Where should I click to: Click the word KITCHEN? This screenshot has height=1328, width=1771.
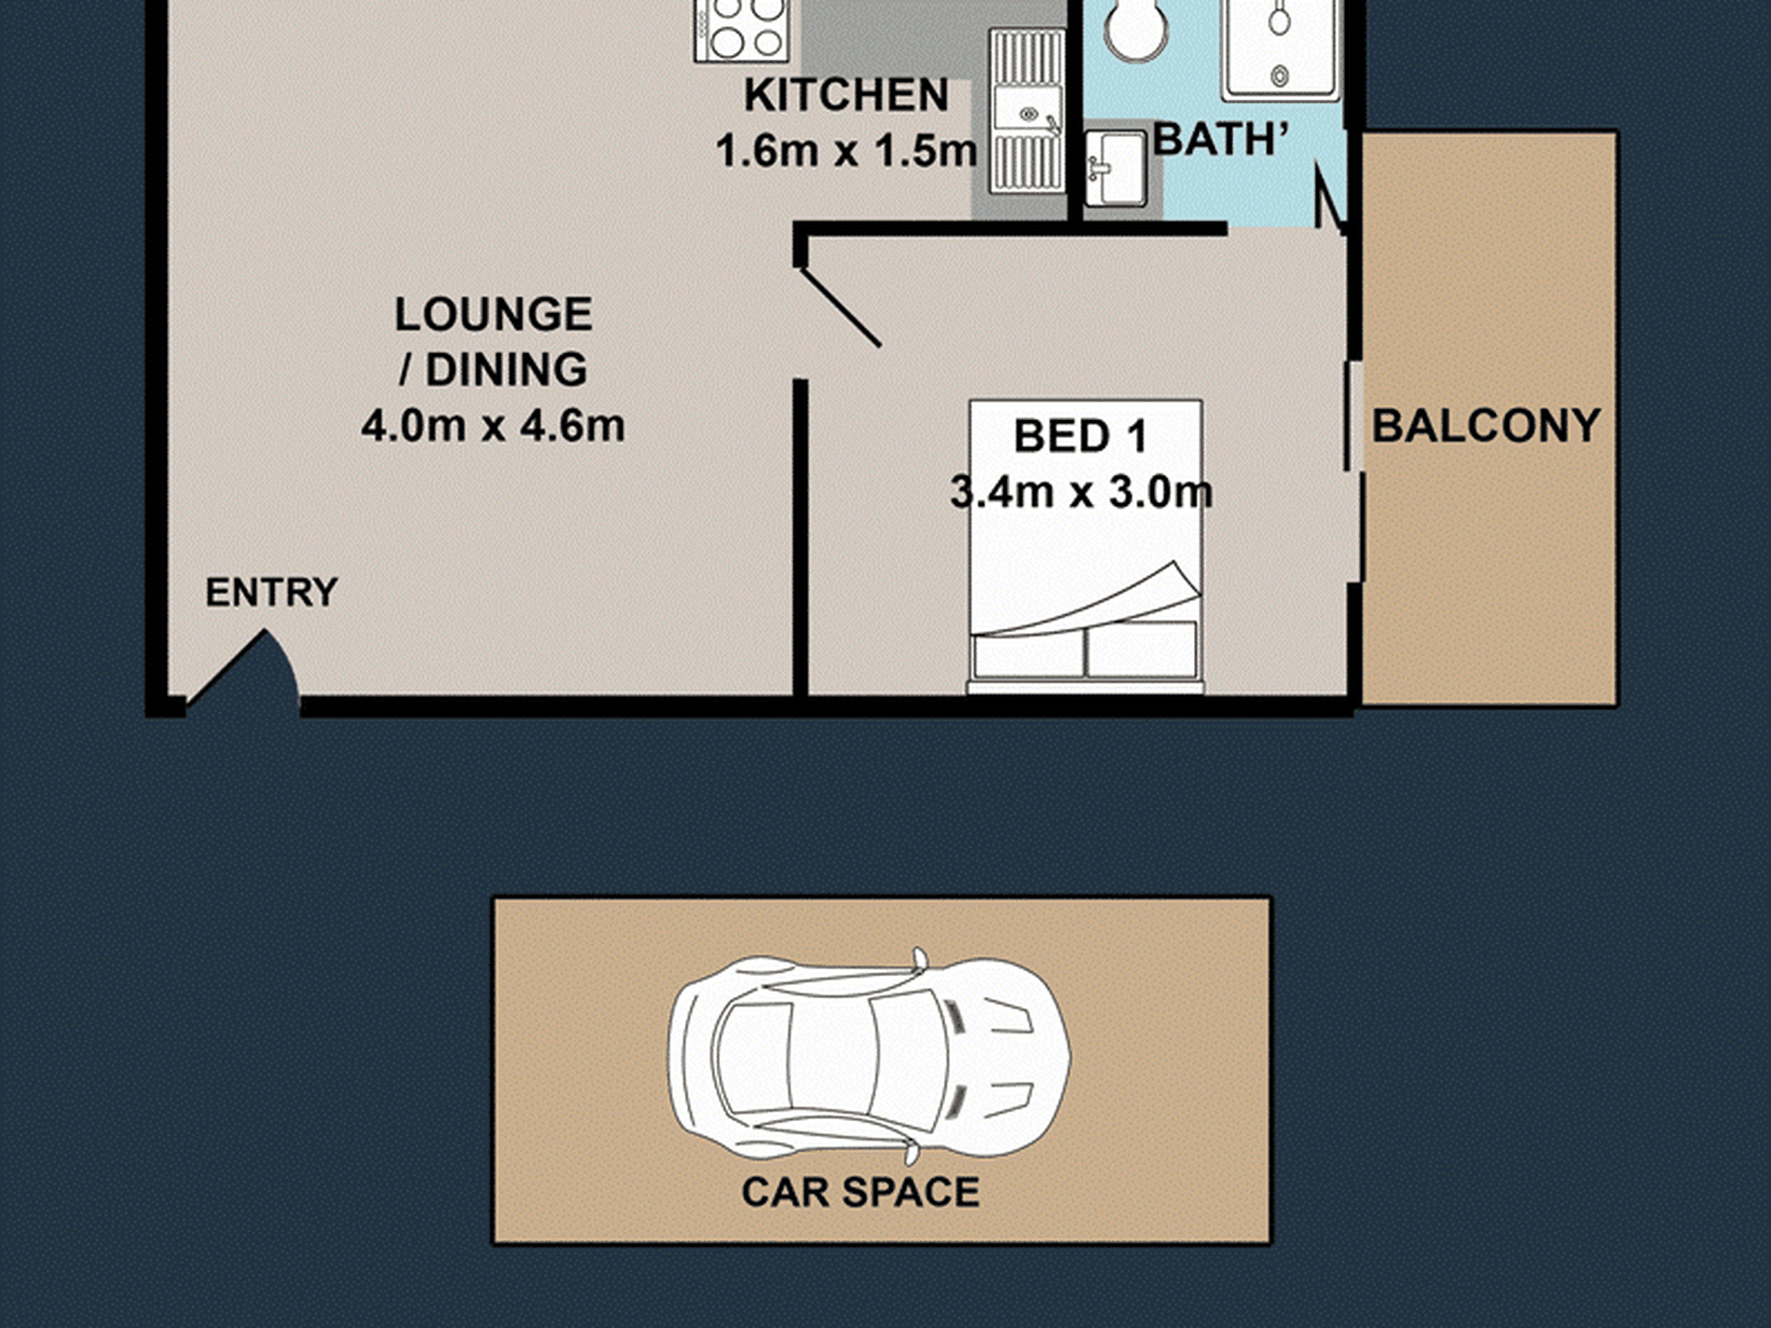click(846, 95)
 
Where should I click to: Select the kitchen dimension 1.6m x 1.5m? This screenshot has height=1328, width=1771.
click(846, 151)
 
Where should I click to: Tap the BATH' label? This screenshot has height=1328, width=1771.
click(1221, 140)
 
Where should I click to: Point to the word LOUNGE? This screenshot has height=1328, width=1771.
click(493, 314)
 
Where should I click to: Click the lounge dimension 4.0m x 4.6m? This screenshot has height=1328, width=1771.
click(493, 426)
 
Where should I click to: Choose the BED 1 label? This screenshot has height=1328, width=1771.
click(1079, 436)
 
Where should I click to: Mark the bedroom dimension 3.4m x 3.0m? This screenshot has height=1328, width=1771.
click(1081, 492)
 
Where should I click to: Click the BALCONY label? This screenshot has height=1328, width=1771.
click(1486, 426)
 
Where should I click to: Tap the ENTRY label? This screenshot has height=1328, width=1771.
click(271, 593)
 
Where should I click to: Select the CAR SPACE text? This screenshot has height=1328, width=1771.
click(860, 1192)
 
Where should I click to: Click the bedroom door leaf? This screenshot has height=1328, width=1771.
click(840, 307)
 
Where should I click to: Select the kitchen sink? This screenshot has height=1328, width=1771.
click(1026, 110)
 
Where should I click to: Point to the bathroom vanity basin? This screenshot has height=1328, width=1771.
click(1115, 168)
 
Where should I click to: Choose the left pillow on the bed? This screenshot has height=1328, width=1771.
click(1028, 655)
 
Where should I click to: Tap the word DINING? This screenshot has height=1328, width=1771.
click(506, 370)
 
